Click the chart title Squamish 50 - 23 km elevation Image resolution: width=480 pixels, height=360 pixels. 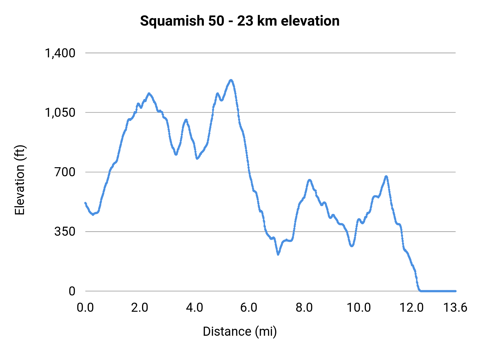[x=240, y=21]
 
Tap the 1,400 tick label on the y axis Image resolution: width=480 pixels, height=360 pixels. [x=60, y=53]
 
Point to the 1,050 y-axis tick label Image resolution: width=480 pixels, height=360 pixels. [x=60, y=113]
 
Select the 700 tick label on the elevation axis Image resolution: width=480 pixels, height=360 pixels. [x=65, y=172]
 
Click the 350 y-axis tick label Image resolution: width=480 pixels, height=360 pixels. [x=65, y=231]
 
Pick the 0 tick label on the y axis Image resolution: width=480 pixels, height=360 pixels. [x=72, y=291]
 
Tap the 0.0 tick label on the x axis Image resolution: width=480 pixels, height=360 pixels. [x=85, y=307]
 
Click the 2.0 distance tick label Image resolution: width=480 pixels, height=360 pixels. [x=140, y=307]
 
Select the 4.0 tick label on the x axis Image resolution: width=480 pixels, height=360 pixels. [x=194, y=307]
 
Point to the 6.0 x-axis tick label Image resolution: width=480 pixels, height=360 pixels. [x=249, y=307]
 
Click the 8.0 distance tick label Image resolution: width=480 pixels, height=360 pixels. [x=304, y=307]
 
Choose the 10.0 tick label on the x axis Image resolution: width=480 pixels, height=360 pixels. [x=358, y=307]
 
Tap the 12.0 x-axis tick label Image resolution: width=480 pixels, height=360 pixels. [x=411, y=307]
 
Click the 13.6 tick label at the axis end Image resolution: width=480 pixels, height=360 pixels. [x=455, y=307]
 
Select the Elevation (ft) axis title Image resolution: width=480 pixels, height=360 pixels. [x=20, y=180]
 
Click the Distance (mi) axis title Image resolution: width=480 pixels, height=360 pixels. [x=240, y=331]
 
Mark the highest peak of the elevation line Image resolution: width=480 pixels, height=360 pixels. [x=231, y=80]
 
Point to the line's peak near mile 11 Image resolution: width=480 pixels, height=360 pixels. [x=386, y=177]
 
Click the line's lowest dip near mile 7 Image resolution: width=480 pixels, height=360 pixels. [x=278, y=254]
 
